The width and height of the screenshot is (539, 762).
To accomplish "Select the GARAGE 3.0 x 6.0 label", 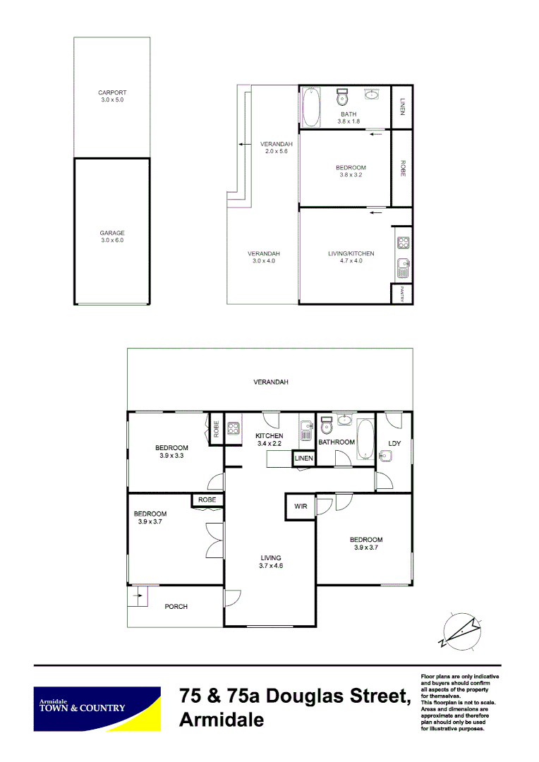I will click(112, 236).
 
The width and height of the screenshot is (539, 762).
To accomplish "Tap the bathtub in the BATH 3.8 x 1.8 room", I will click(311, 107).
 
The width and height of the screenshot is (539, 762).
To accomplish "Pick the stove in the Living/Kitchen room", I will click(403, 244).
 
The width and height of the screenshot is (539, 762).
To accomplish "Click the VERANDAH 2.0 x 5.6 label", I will click(276, 147).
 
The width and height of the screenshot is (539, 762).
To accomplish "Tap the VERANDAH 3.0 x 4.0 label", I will click(263, 257).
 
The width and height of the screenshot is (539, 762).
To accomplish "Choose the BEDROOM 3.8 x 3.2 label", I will click(351, 171).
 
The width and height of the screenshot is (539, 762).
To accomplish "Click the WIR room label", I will click(299, 506).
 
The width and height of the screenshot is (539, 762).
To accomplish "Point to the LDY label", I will click(394, 443).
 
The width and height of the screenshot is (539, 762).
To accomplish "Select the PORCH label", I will click(176, 606).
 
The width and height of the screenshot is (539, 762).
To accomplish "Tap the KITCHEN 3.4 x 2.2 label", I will click(269, 440).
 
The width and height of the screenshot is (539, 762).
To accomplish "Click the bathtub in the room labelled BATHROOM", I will click(365, 440).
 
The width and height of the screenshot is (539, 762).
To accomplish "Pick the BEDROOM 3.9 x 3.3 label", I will click(171, 452).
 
